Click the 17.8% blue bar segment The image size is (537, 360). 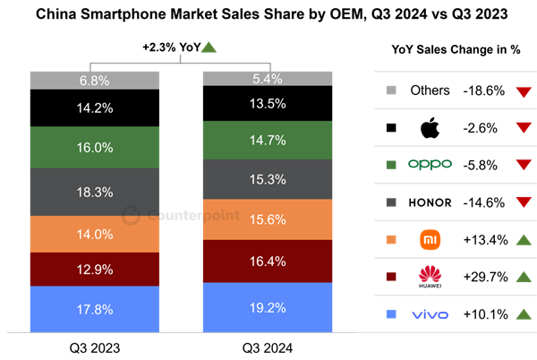pos(94,309)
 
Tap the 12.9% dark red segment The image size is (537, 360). pos(94,270)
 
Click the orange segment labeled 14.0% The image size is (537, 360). pos(94,235)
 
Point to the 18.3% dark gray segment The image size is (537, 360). pos(94,193)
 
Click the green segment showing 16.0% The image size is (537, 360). pos(94,148)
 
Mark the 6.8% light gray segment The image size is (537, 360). pos(94,81)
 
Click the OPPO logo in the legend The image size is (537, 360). pos(430,164)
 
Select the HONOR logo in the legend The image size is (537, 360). pos(430,202)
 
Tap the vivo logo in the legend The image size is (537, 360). pos(430,314)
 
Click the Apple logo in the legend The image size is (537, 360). pos(430,128)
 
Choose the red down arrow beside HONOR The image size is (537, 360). pos(524,202)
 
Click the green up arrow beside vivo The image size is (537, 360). pos(524,314)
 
